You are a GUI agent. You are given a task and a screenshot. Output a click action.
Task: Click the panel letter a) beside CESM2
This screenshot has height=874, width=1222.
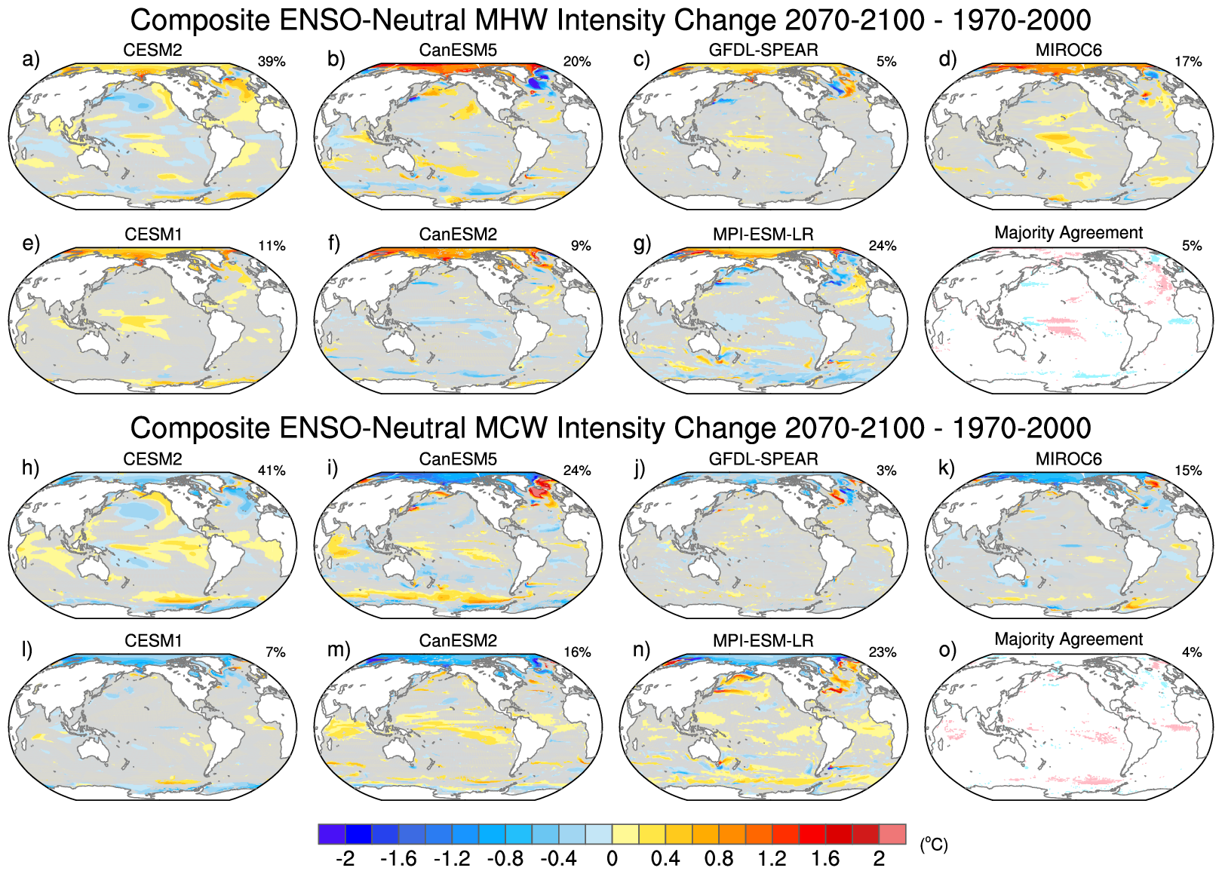tap(31, 60)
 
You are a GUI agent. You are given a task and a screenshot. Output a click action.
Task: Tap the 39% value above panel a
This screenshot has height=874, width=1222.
tap(272, 62)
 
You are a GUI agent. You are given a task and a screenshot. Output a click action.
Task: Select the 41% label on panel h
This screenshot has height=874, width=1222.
tap(272, 471)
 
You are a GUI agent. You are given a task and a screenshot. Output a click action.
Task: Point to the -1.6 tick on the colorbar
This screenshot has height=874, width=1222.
tap(398, 859)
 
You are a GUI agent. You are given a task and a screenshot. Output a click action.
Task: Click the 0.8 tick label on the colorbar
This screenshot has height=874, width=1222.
tap(718, 859)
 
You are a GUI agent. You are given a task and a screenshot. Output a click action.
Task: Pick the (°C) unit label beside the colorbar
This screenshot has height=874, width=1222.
tap(933, 845)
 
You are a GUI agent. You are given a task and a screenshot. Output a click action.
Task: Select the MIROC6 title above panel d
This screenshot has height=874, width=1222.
tap(1068, 51)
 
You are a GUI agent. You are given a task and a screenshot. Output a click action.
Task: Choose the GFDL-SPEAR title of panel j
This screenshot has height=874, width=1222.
tap(763, 459)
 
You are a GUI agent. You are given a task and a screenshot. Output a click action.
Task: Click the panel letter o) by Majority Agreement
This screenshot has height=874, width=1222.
tap(947, 649)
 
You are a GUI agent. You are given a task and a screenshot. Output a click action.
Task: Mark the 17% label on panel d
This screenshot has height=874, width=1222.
tap(1188, 62)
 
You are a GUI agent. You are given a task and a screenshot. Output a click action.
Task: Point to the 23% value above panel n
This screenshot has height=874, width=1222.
tap(883, 652)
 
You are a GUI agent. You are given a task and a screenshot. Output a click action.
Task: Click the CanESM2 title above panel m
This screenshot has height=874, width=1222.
tap(458, 641)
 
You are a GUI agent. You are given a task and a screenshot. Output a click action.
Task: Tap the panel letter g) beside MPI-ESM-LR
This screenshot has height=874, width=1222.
tap(642, 243)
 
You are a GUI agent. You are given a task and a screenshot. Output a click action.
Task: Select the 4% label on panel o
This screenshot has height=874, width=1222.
tap(1192, 652)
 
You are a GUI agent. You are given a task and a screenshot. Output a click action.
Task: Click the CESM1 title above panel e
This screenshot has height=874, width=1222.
tap(153, 235)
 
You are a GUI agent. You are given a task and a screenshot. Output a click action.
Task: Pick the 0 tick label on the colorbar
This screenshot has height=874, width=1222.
tap(612, 859)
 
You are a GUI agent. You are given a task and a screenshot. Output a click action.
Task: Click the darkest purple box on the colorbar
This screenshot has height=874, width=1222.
tap(332, 834)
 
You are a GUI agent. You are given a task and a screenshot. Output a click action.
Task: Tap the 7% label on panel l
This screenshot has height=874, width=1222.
tap(275, 652)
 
